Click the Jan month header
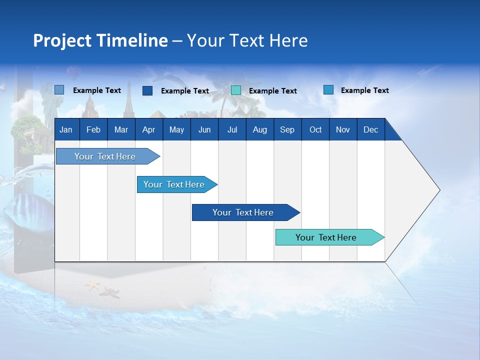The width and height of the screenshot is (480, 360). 66,130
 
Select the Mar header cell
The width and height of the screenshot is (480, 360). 121,130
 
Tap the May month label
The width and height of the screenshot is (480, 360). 176,130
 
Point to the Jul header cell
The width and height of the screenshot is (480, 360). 232,130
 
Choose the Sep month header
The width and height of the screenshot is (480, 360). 287,130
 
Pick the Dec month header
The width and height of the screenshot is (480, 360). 370,130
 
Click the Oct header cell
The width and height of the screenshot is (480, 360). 315,130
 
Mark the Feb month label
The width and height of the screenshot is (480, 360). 93,130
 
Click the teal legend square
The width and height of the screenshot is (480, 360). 236,90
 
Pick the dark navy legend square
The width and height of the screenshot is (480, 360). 147,90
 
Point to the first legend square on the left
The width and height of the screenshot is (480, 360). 59,90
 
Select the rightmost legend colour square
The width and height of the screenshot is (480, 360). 328,90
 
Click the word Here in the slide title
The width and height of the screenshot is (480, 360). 288,40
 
